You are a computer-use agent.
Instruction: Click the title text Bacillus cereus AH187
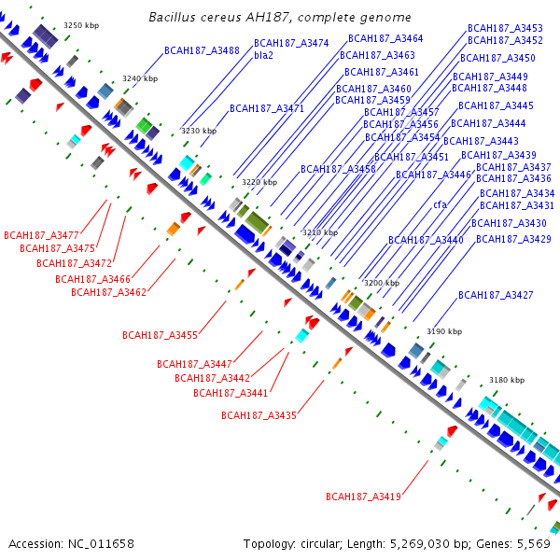[x=280, y=18]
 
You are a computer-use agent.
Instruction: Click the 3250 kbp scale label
[x=79, y=26]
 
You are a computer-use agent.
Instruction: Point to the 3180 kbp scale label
[x=507, y=380]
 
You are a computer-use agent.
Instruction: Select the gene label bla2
[x=263, y=56]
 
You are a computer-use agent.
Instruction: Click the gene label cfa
[x=440, y=204]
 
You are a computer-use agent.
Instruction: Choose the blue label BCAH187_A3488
[x=202, y=50]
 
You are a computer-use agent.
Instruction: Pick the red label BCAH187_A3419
[x=363, y=497]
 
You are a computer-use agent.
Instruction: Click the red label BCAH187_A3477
[x=42, y=234]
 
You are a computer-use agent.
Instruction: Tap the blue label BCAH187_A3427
[x=496, y=295]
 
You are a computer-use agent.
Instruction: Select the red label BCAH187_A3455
[x=160, y=335]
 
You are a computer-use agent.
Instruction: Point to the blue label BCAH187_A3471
[x=267, y=109]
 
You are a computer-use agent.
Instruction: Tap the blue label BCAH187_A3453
[x=505, y=28]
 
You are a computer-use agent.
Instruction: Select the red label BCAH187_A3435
[x=259, y=414]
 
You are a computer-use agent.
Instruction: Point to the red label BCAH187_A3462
[x=108, y=292]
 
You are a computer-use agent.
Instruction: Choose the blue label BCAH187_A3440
[x=426, y=240]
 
